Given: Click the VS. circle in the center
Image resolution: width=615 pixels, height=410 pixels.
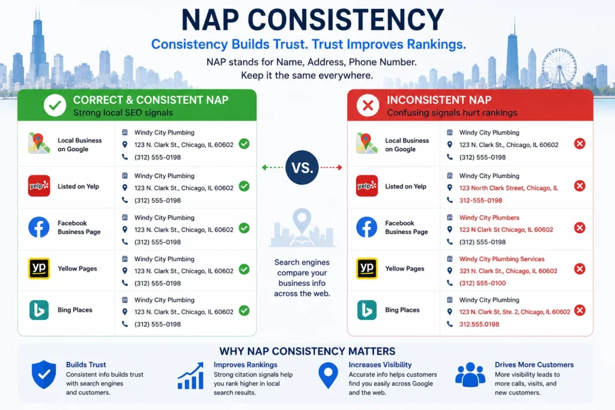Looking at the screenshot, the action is [302, 167].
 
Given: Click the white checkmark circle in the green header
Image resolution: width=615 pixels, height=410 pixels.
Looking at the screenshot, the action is [55, 105].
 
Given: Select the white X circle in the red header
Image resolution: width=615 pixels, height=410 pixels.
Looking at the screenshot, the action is [368, 105].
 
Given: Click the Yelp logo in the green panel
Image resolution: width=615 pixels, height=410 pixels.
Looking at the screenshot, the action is [39, 186].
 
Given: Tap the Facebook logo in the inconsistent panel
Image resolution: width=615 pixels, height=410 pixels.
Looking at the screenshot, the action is [367, 227].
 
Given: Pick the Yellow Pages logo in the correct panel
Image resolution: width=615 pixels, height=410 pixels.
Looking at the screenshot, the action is [39, 268].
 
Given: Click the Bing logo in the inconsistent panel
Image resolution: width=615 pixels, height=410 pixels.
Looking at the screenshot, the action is [367, 310].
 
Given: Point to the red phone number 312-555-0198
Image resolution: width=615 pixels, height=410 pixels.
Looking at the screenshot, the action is [480, 200].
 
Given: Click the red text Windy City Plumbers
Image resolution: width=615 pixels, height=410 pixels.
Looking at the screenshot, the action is [489, 217].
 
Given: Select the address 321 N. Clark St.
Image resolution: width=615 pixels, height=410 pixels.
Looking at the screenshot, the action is [508, 271].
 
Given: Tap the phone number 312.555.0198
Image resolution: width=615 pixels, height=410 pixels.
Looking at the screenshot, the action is [479, 324].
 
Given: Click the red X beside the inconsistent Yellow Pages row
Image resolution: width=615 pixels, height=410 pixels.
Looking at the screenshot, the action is [580, 269].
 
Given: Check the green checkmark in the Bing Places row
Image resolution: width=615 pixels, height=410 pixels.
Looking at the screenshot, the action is [244, 310].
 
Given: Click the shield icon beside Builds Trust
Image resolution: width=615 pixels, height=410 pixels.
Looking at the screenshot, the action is [43, 375].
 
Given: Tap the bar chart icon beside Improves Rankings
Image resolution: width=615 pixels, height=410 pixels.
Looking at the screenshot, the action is [190, 376].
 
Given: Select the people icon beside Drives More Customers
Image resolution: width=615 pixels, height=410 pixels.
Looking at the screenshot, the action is [470, 375].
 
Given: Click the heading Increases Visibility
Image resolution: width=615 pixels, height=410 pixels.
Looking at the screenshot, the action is [380, 364].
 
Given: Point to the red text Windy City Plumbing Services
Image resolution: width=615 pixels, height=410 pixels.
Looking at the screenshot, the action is [501, 259].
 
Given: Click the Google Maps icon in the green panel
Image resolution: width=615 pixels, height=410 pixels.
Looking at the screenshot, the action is [39, 143].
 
